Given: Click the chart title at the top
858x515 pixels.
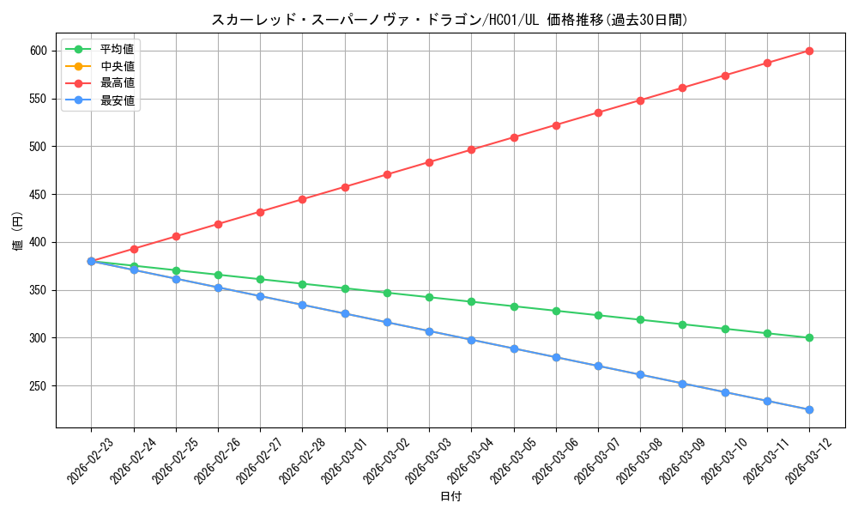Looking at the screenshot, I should click(450, 20).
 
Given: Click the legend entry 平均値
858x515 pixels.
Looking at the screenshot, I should click(117, 48).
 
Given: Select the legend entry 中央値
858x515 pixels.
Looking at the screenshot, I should click(117, 65).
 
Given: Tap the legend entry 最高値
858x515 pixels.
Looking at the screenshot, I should click(117, 82).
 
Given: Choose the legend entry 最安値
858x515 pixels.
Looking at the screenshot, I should click(117, 100).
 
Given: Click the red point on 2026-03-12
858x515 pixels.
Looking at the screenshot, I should click(809, 51).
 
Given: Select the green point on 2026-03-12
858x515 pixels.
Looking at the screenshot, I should click(809, 337).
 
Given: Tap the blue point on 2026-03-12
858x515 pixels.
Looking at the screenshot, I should click(809, 409).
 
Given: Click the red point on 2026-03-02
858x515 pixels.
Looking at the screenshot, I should click(387, 174).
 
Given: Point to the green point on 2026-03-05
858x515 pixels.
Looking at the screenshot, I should click(514, 306).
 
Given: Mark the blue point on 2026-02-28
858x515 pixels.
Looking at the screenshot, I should click(302, 305).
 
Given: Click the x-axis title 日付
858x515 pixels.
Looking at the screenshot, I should click(450, 497).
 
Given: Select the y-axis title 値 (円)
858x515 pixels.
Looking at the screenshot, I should click(17, 233).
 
